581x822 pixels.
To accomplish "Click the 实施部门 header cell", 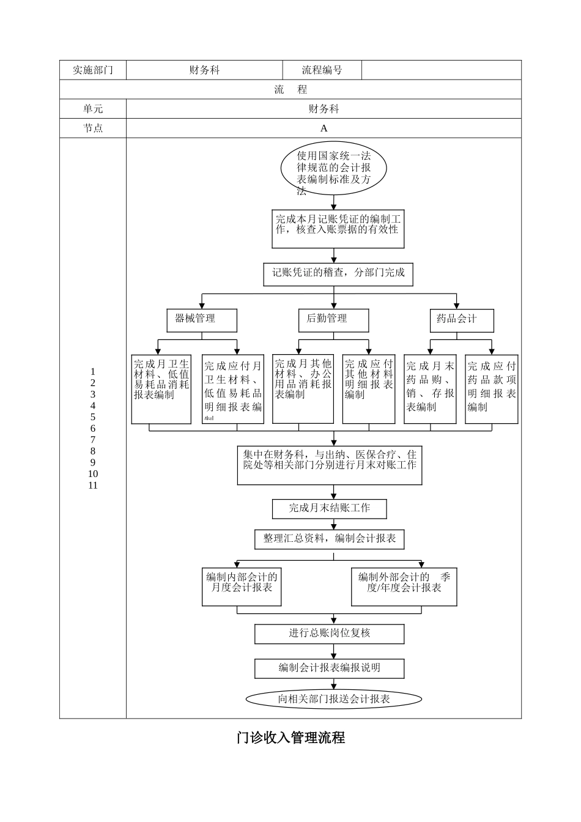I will click(x=93, y=70).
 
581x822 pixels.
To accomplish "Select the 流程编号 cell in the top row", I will click(x=322, y=70).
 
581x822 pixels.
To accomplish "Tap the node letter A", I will click(x=324, y=128).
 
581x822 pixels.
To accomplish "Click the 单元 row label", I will click(x=93, y=109).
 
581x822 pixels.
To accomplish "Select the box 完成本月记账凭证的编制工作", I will click(x=338, y=229).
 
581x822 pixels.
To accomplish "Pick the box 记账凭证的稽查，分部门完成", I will click(x=338, y=273).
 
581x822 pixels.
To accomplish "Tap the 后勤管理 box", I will click(x=333, y=319).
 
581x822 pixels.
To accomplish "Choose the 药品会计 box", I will click(x=461, y=319).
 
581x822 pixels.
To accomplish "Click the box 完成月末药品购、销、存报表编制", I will click(x=430, y=388).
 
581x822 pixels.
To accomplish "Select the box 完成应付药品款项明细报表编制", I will click(x=491, y=388).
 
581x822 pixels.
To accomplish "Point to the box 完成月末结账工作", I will click(x=329, y=508).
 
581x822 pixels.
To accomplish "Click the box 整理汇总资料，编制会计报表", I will click(x=329, y=539).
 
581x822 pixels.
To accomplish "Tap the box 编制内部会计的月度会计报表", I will click(x=242, y=586).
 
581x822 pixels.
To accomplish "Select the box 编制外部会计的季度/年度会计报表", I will click(x=404, y=586).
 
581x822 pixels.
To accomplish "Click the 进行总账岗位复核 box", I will click(x=329, y=633).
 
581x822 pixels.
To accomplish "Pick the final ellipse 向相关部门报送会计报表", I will click(x=333, y=699).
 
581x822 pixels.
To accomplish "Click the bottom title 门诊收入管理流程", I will click(x=290, y=738).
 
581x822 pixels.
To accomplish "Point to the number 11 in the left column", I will click(x=93, y=486).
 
